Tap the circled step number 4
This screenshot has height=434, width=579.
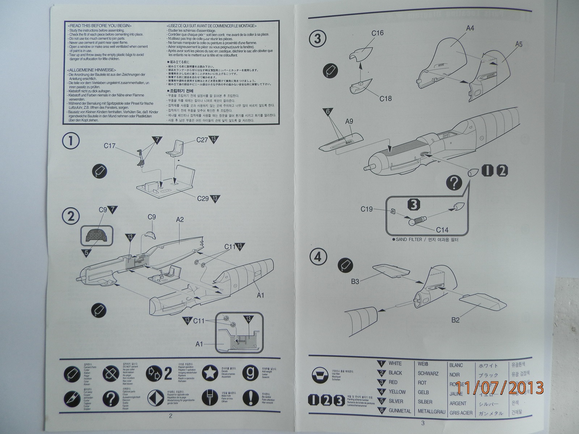[x=318, y=257]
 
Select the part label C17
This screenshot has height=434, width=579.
[x=109, y=146]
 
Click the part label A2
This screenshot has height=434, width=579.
[x=180, y=219]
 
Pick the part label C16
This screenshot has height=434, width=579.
[x=377, y=33]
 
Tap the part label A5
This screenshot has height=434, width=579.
[x=519, y=44]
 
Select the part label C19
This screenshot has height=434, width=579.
[x=367, y=209]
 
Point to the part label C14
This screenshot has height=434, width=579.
[x=442, y=230]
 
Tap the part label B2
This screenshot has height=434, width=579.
[x=455, y=320]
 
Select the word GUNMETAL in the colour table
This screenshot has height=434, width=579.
[x=400, y=411]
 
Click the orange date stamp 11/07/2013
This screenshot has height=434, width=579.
[x=500, y=388]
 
